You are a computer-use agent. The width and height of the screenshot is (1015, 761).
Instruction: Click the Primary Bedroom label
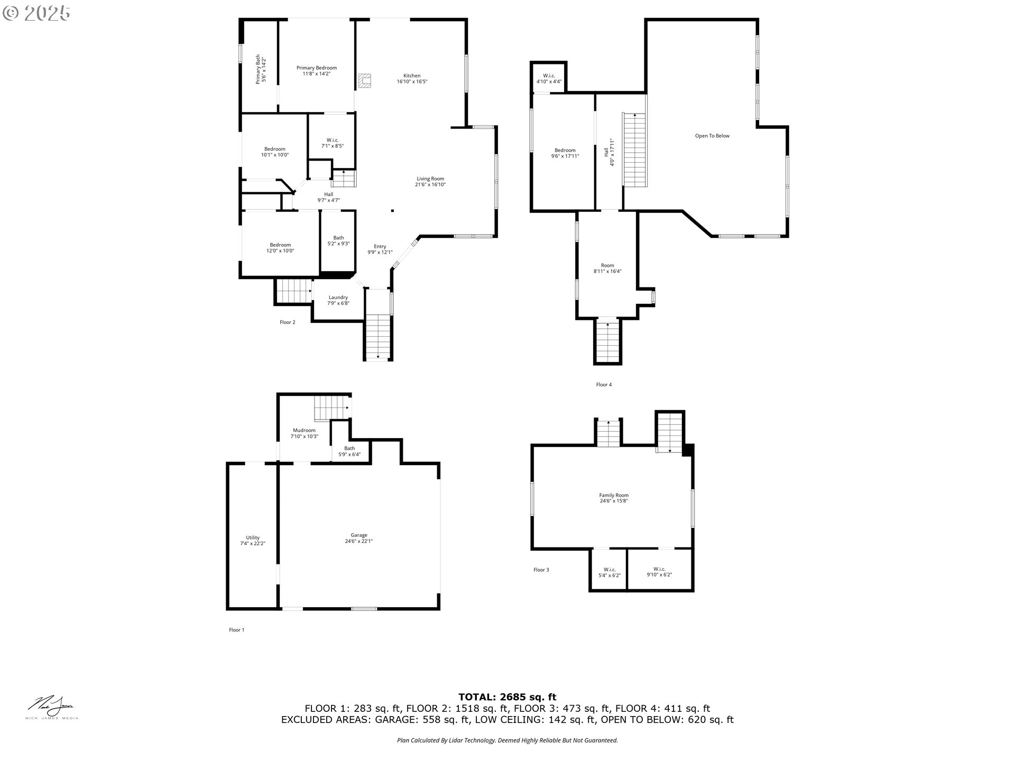[316, 68]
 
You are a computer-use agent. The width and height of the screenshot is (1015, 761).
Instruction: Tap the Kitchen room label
[412, 76]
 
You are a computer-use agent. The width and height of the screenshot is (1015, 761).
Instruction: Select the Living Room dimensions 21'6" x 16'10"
[430, 185]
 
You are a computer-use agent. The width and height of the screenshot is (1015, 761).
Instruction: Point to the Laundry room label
[338, 298]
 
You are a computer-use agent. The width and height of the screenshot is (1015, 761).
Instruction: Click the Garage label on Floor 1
[358, 535]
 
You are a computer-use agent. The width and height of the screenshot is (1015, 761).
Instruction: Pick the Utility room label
[252, 538]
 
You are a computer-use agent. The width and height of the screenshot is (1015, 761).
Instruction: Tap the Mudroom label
[304, 430]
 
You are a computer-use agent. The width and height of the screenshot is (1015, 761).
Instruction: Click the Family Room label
[613, 496]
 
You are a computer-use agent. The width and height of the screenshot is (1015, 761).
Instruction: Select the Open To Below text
[712, 136]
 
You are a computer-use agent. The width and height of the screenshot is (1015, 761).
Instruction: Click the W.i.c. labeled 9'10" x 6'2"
[659, 572]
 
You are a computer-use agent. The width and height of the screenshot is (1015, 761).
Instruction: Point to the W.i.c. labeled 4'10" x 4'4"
[549, 79]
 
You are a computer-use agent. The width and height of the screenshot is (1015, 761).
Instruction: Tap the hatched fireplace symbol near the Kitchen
[365, 80]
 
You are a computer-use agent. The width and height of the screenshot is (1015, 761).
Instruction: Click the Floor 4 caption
[603, 385]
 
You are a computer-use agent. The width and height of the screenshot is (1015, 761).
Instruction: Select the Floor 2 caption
[287, 322]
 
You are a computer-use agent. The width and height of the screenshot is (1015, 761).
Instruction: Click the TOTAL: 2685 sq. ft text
[507, 697]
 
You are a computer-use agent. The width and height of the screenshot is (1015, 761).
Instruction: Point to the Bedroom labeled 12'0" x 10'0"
[280, 248]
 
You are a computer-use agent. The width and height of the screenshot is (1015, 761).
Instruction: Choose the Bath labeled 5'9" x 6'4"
[349, 451]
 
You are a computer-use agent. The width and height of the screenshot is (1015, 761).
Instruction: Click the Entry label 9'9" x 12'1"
[380, 249]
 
